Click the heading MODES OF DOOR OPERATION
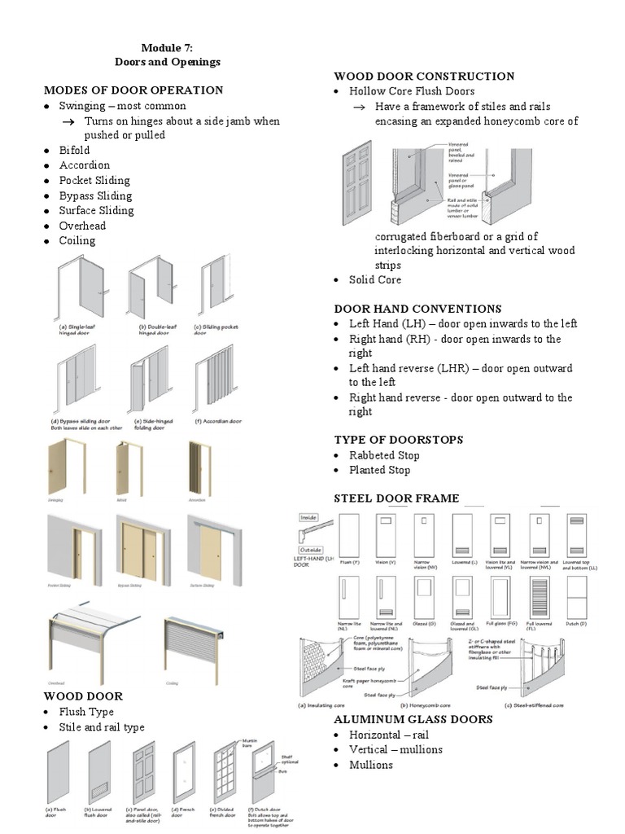click(x=133, y=90)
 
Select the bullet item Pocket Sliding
click(x=94, y=180)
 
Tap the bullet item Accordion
click(x=84, y=165)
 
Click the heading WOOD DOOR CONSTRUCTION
click(x=424, y=76)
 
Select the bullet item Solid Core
click(x=375, y=279)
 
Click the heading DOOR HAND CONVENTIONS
click(x=417, y=309)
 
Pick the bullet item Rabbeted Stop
click(x=384, y=455)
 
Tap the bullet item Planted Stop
click(x=379, y=470)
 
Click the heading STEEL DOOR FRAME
click(x=396, y=498)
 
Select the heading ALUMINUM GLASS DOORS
click(x=413, y=719)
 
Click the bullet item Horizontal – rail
click(x=389, y=735)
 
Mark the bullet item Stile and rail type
click(x=101, y=726)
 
